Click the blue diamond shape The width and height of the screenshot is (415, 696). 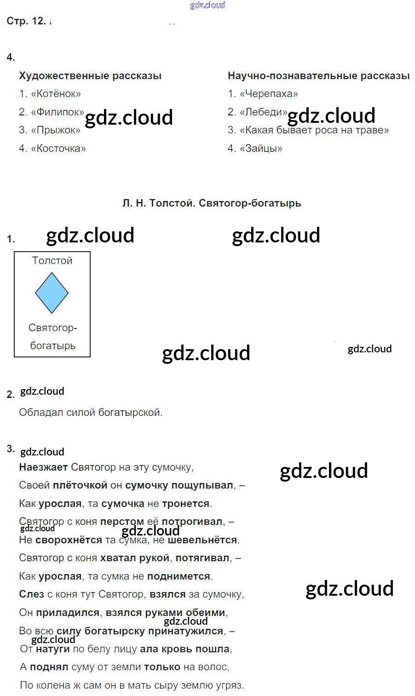click(x=52, y=293)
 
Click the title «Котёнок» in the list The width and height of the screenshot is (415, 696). click(x=56, y=93)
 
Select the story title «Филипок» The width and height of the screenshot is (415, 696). click(x=58, y=112)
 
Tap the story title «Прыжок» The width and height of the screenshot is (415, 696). click(x=56, y=130)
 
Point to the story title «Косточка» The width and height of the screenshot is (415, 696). click(x=58, y=148)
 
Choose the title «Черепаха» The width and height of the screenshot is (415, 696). click(x=269, y=93)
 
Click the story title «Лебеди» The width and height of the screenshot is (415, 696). click(x=264, y=112)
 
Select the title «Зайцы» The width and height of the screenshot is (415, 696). click(x=261, y=148)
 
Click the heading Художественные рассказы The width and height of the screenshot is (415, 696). click(x=90, y=75)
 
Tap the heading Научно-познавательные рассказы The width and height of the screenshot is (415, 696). click(x=319, y=75)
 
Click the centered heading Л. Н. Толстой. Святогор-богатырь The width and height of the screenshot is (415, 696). click(x=212, y=203)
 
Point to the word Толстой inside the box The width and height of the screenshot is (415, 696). click(x=52, y=260)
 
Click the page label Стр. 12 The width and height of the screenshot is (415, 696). click(x=26, y=21)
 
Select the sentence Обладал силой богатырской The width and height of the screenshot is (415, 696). click(x=91, y=412)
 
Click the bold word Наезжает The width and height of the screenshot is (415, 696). click(x=44, y=467)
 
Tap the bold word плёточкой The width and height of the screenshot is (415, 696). click(x=80, y=485)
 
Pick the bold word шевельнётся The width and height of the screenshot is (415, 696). click(x=202, y=540)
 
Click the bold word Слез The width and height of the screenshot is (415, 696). click(x=31, y=594)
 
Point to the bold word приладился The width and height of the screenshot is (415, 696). click(x=68, y=612)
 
